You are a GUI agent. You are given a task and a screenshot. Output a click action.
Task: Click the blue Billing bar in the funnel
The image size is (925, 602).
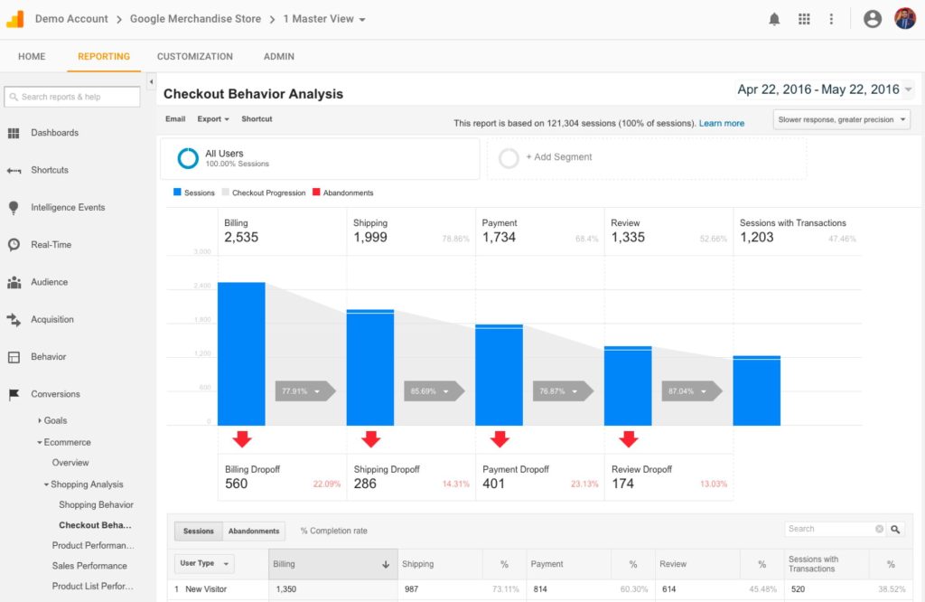(x=241, y=353)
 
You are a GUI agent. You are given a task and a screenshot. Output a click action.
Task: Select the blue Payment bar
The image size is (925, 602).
(x=499, y=374)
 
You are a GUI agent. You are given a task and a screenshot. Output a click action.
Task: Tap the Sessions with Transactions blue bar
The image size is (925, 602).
(x=756, y=390)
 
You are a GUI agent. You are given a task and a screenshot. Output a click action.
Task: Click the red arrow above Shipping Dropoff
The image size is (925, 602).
(x=370, y=439)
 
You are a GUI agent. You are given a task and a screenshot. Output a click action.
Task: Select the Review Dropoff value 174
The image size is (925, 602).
(x=622, y=484)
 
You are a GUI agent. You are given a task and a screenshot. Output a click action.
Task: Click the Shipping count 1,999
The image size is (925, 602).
(x=370, y=238)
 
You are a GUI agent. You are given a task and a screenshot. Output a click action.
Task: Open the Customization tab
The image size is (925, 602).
(x=194, y=56)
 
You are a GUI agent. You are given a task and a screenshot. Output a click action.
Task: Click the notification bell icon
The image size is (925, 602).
(x=774, y=19)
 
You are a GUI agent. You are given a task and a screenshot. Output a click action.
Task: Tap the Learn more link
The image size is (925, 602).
(x=722, y=123)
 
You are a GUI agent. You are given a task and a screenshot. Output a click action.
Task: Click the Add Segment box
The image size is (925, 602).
(x=647, y=157)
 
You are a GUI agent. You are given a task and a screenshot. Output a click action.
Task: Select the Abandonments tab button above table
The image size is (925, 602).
(x=254, y=531)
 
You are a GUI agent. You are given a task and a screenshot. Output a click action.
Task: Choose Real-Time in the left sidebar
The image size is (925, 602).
(x=51, y=245)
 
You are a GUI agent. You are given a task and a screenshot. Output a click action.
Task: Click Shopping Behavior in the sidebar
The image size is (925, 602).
(x=96, y=505)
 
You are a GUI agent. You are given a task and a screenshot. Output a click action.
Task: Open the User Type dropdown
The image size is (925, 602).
(x=205, y=563)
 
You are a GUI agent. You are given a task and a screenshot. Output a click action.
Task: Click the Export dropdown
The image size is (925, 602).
(x=213, y=119)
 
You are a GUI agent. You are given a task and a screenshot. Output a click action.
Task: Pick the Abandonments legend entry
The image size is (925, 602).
(x=342, y=193)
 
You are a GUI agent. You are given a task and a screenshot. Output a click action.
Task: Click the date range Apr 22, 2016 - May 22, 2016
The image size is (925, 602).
(x=818, y=89)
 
